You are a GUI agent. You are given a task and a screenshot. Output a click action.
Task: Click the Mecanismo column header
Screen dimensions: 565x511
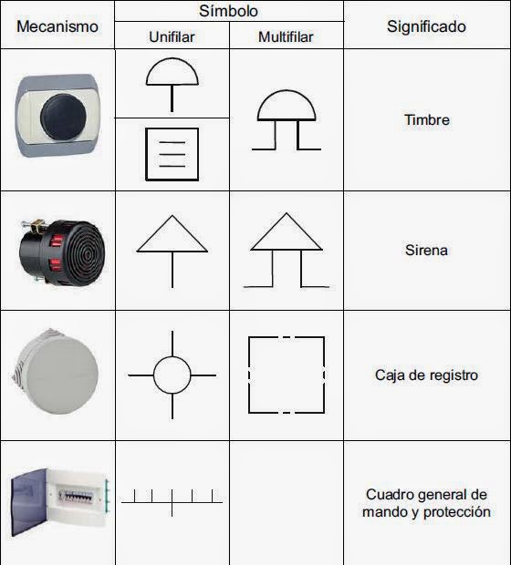point(57,26)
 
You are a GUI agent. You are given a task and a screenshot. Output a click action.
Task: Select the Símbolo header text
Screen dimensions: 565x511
point(228,12)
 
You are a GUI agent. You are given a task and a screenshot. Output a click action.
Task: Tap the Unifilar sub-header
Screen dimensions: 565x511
point(172,37)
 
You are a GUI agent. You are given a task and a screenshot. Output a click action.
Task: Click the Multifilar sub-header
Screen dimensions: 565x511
point(287,37)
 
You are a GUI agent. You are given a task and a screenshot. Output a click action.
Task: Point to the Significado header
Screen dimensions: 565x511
point(426,26)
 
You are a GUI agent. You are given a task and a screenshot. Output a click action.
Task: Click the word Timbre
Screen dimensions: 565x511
point(426,120)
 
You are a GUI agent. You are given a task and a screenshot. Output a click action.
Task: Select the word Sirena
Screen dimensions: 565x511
point(426,250)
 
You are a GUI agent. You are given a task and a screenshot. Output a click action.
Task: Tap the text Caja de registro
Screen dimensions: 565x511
point(426,375)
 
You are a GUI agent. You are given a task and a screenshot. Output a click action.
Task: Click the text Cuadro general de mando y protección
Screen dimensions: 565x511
point(426,503)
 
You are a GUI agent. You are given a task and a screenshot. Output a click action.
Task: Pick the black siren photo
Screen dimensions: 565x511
point(57,249)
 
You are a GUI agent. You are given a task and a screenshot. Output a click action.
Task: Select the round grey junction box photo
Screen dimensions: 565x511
point(57,375)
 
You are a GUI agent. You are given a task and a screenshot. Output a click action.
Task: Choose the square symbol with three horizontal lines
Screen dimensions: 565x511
point(172,153)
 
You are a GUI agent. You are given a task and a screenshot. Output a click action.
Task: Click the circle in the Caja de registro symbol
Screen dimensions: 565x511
point(172,375)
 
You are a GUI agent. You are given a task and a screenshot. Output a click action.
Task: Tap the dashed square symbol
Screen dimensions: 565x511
point(287,375)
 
